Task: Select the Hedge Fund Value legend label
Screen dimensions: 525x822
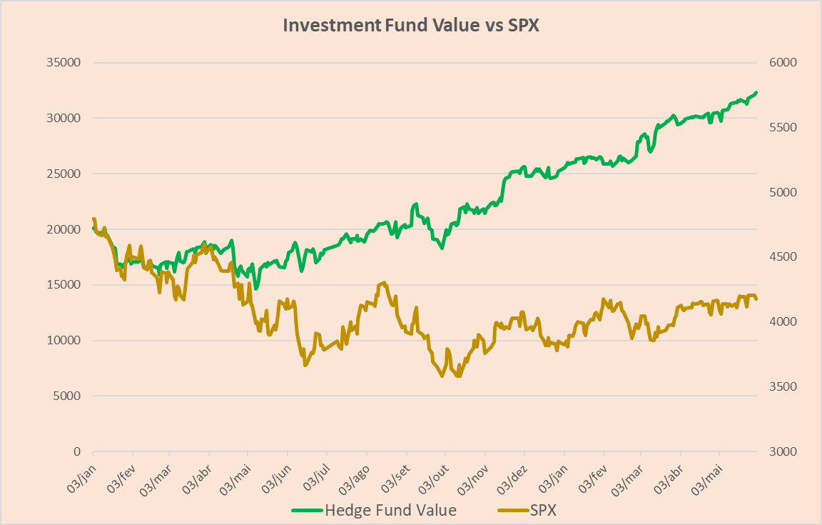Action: click(390, 511)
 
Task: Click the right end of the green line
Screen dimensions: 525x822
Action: click(756, 92)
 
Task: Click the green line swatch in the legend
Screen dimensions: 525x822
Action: click(307, 511)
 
